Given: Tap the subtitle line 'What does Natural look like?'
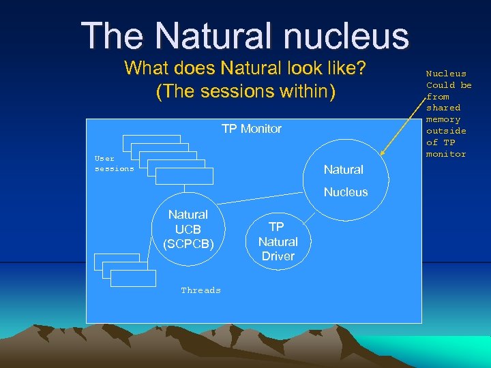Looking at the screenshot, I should (x=245, y=69).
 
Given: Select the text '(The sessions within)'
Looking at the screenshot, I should (x=245, y=91).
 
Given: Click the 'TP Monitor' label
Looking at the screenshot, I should (x=251, y=129).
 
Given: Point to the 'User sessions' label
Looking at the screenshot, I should (x=114, y=164).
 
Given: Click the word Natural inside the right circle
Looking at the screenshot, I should (x=343, y=170).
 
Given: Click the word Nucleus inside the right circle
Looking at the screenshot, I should (x=345, y=192).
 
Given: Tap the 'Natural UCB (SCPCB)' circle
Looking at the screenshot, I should (x=188, y=229).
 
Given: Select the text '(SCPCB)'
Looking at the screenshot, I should (x=188, y=243).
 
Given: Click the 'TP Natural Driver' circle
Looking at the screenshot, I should (x=278, y=242).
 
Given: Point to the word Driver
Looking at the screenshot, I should (x=278, y=256).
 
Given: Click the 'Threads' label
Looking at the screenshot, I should (x=200, y=290).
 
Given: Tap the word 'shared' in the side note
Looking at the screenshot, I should (x=443, y=108).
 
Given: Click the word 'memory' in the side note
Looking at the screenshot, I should (x=443, y=119).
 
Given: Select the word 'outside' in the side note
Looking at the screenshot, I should (x=446, y=131).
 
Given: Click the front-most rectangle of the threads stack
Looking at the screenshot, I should (x=132, y=278).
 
